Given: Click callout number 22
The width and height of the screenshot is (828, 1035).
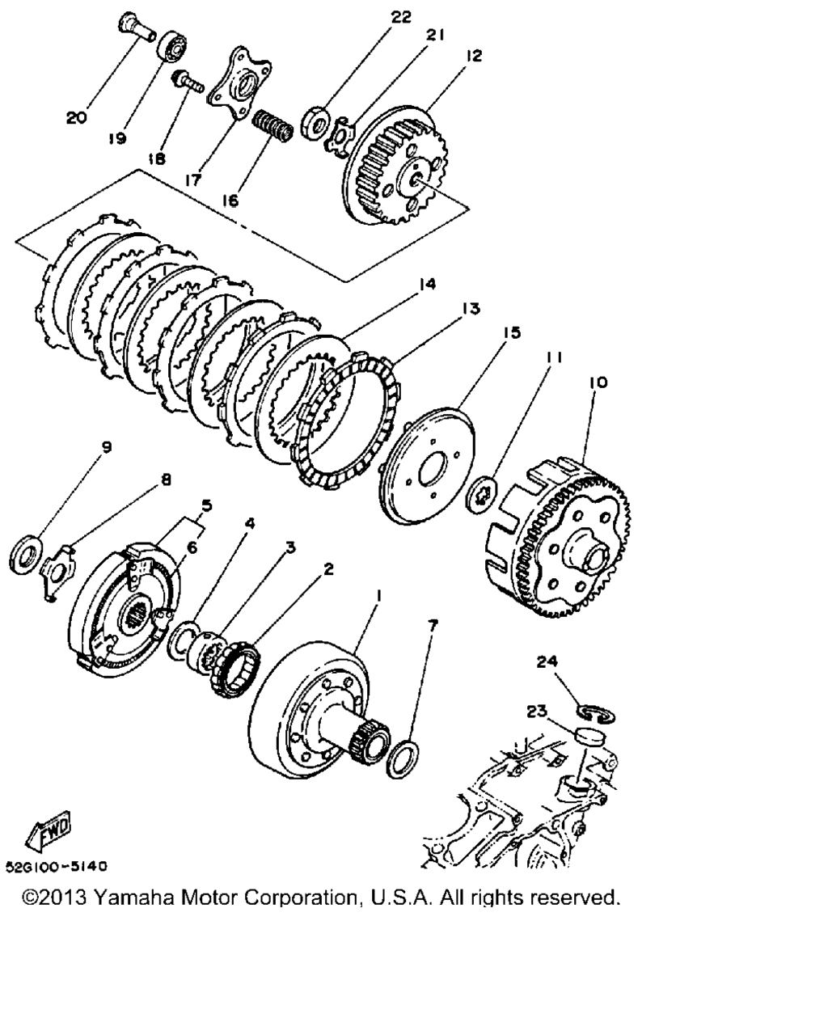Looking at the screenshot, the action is tap(401, 17).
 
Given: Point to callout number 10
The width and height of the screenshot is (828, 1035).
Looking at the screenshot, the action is tap(598, 382).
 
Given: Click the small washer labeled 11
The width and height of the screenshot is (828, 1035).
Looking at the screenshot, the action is tap(483, 496).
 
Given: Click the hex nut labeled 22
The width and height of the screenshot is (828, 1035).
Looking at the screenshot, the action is tap(316, 122).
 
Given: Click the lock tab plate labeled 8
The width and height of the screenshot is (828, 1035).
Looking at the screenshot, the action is tap(57, 572).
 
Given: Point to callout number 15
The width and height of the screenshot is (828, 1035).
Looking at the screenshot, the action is tap(512, 332).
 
